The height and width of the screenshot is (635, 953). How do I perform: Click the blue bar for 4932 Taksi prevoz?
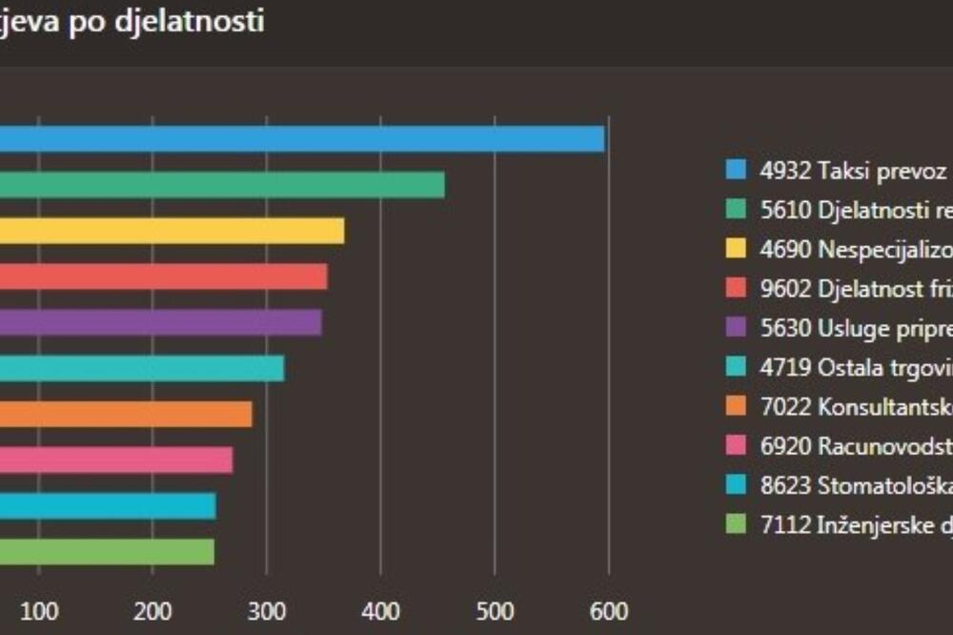pos(302,139)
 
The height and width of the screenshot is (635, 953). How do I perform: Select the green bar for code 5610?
pos(222,185)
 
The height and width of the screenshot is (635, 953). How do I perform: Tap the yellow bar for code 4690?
pos(172,231)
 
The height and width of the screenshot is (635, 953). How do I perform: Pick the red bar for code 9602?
pos(163,277)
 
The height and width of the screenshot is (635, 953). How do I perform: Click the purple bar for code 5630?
pos(160,322)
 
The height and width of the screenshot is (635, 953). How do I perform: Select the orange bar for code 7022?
pos(126,414)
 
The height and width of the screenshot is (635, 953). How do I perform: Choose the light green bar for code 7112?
pos(107,551)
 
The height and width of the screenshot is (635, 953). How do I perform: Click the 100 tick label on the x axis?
pos(39,610)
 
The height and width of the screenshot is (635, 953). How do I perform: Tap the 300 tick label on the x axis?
pos(267,610)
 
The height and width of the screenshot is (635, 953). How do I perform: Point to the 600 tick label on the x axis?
pos(609,610)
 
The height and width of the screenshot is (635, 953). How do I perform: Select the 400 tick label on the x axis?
pos(381,610)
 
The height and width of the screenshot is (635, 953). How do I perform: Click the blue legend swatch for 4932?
pos(735,171)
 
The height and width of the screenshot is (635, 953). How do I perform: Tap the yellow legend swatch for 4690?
pos(735,250)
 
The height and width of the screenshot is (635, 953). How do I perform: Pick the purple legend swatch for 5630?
pos(735,328)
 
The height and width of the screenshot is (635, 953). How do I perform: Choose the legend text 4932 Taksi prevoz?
pos(852,171)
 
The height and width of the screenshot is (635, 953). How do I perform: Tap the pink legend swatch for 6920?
pos(735,446)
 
